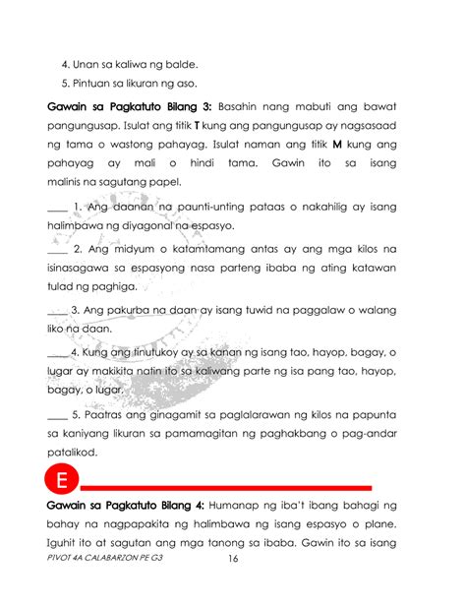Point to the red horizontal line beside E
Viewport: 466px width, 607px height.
[x=226, y=487]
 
